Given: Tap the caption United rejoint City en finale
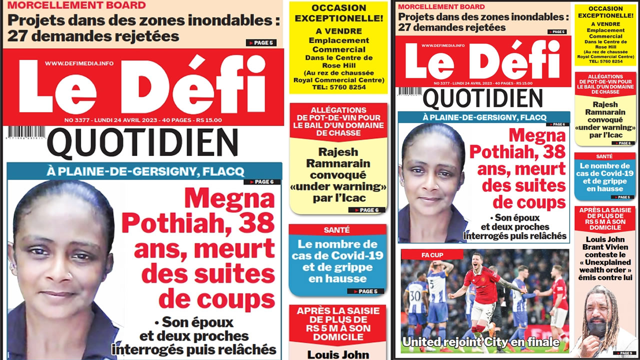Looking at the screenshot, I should pos(480,342).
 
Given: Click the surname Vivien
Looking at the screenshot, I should pos(621,247).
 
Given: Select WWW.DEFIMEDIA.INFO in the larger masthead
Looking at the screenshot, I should pos(79,63).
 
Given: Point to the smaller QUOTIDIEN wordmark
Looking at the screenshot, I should pos(475,98).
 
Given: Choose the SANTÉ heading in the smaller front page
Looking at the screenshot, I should pos(604,156).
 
